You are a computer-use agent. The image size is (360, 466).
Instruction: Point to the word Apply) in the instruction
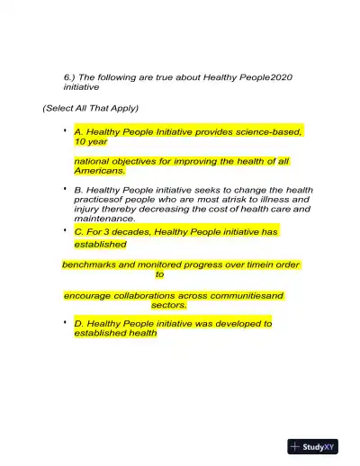pyautogui.click(x=123, y=108)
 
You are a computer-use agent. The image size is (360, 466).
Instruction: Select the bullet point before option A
pyautogui.click(x=66, y=131)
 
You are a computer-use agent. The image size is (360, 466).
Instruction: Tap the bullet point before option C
pyautogui.click(x=66, y=231)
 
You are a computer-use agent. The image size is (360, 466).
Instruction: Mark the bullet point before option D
pyautogui.click(x=66, y=322)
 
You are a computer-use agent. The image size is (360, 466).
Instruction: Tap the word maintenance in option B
pyautogui.click(x=103, y=219)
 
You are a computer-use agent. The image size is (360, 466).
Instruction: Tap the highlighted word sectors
pyautogui.click(x=168, y=305)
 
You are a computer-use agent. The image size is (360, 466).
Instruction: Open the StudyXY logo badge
pyautogui.click(x=313, y=446)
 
